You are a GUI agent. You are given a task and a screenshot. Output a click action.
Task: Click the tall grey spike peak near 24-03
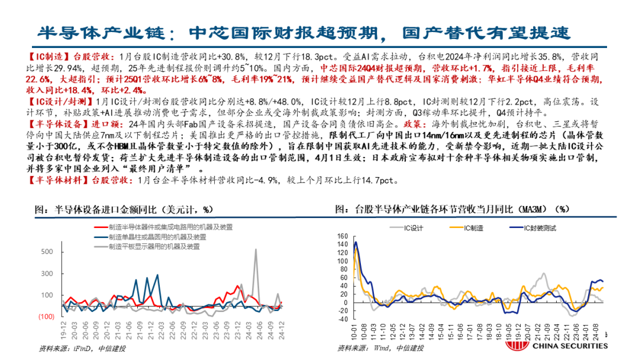coord(256,249)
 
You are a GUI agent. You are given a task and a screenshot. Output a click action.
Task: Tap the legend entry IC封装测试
coord(538,227)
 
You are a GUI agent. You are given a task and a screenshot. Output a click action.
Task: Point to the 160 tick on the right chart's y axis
coord(343,236)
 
